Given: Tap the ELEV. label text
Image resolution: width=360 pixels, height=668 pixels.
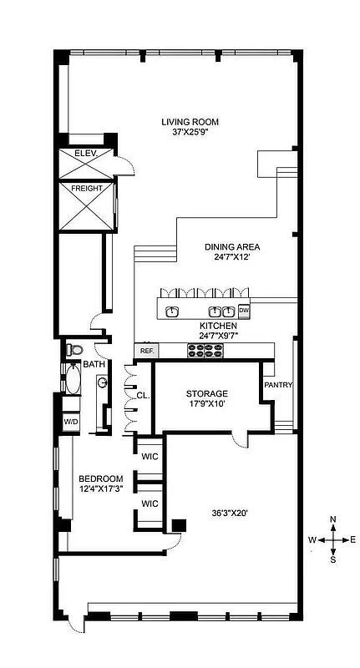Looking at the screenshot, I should [86, 154].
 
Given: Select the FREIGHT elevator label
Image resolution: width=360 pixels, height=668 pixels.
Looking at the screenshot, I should [87, 189].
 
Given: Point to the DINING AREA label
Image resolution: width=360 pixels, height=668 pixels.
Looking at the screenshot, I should [232, 247].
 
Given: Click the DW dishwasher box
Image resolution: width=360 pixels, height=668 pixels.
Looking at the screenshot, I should [245, 311].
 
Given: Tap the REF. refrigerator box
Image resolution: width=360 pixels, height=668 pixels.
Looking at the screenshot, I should [147, 351].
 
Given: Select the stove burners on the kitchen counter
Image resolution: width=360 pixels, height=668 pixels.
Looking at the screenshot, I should [206, 351].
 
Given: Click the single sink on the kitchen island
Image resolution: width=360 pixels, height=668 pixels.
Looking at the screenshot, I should [174, 311].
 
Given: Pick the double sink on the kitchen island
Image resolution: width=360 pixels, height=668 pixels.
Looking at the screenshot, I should [220, 311].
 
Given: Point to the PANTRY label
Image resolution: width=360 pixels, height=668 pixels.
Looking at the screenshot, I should [276, 385].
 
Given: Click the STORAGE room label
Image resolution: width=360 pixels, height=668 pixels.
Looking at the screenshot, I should [206, 393].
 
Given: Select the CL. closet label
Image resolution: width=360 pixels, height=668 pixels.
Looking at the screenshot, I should [143, 396].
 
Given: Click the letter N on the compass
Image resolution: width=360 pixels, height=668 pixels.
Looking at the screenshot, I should [333, 519].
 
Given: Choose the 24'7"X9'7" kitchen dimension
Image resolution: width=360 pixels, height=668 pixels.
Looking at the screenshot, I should [218, 337].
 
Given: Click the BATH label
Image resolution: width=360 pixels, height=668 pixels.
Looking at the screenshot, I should [94, 364].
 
